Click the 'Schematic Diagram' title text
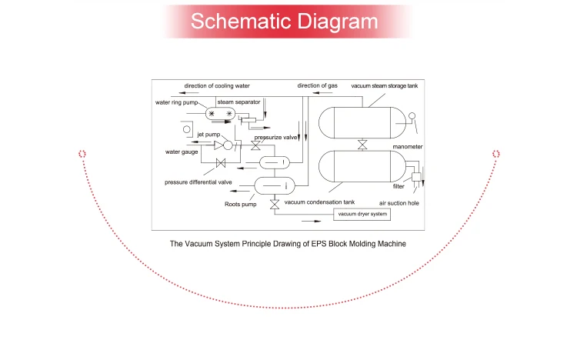(x=284, y=21)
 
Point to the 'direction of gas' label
(x=317, y=85)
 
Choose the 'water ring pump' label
(x=177, y=102)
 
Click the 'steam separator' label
(x=238, y=101)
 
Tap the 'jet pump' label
(x=209, y=135)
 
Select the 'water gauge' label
(x=182, y=152)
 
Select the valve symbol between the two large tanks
(x=362, y=145)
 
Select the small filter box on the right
(x=416, y=178)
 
